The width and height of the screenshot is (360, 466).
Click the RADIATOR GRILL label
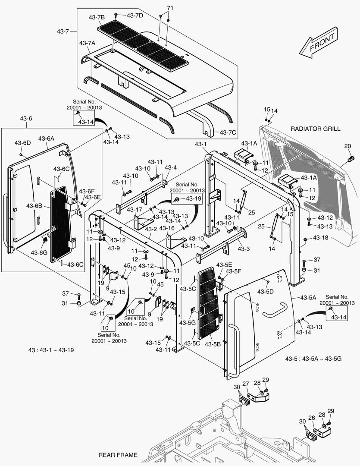click(x=315, y=129)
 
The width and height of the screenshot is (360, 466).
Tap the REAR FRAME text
click(x=118, y=455)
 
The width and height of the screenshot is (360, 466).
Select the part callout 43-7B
click(x=97, y=18)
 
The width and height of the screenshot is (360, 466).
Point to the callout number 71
click(x=170, y=8)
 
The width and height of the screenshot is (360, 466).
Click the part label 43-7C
click(x=228, y=132)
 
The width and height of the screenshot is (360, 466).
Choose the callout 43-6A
click(x=46, y=139)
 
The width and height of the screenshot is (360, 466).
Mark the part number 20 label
click(x=347, y=146)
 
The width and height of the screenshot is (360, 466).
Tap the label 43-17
click(x=135, y=210)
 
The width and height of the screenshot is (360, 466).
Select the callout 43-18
click(x=321, y=237)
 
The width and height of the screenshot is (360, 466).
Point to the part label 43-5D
click(x=266, y=292)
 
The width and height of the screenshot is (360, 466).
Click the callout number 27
click(x=246, y=384)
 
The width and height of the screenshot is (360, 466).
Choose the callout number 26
click(x=311, y=418)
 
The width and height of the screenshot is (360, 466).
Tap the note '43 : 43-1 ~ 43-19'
click(x=51, y=350)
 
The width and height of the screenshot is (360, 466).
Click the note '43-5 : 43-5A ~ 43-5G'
click(x=313, y=359)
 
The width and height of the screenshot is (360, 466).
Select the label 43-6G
click(x=39, y=252)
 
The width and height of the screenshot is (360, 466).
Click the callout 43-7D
click(x=135, y=16)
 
